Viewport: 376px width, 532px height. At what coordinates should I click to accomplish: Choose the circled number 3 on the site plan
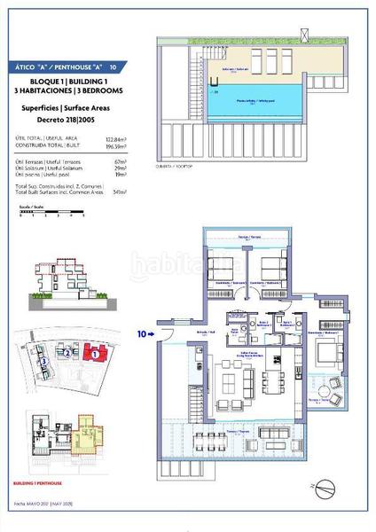click(43, 362)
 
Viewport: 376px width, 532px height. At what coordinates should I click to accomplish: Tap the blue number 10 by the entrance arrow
click(142, 334)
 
